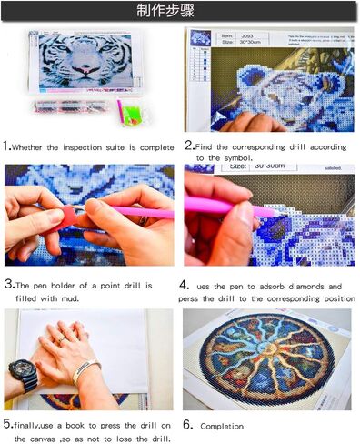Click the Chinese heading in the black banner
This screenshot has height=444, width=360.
[179, 12]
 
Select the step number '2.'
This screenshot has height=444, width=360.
[189, 146]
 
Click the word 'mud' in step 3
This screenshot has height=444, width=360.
[77, 298]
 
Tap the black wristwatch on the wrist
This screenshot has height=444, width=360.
[22, 373]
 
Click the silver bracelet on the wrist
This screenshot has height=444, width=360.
[85, 370]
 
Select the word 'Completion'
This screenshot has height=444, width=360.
[222, 426]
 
